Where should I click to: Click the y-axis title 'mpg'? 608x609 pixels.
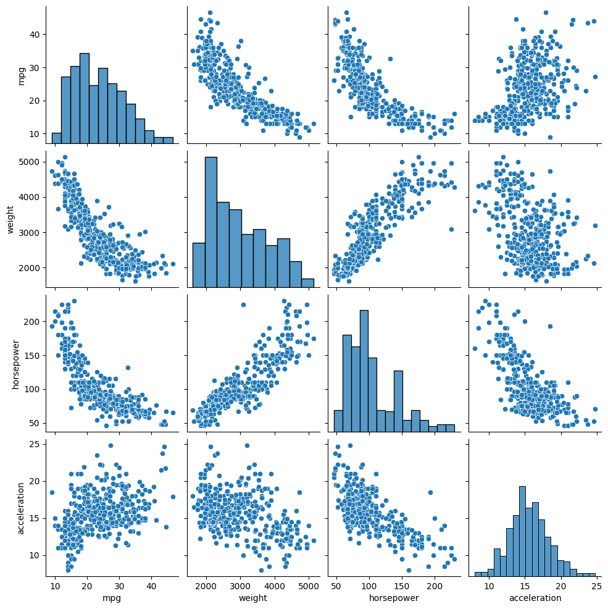pyautogui.click(x=21, y=73)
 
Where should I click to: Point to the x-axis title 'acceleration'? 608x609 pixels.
pyautogui.click(x=535, y=598)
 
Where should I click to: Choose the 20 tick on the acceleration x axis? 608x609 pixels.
pyautogui.click(x=561, y=585)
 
